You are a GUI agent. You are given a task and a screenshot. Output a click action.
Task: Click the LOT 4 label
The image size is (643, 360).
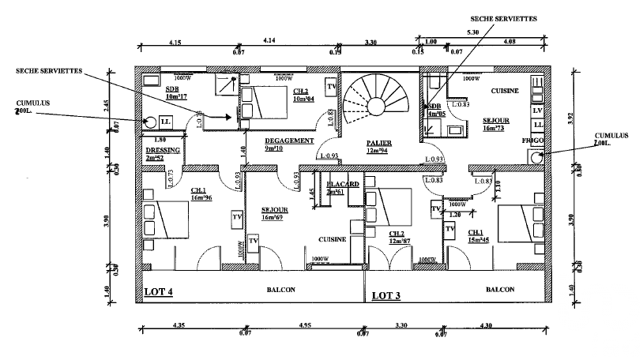point(159,292)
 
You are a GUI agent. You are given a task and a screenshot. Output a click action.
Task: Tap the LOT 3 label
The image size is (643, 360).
point(386,295)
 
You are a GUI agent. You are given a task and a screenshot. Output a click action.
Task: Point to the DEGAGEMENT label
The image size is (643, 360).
point(284,140)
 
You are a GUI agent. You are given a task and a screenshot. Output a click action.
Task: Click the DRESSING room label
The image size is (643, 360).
point(164,150)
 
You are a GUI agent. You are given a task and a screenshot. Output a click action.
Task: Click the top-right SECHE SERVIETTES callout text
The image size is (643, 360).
point(503,15)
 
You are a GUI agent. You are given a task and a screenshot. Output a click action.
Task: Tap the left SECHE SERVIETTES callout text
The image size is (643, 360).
point(49,70)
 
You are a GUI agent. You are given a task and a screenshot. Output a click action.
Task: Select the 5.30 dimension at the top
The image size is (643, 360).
point(473,32)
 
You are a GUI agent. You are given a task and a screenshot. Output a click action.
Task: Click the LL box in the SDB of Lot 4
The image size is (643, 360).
point(166,122)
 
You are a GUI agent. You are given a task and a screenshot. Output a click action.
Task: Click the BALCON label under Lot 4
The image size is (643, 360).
point(280,289)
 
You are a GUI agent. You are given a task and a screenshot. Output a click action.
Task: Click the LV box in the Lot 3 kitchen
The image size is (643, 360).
point(537,112)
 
